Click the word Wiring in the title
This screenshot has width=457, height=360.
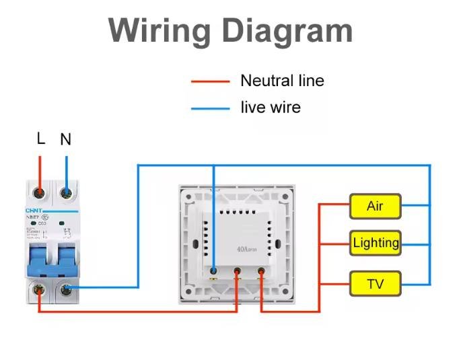pyautogui.click(x=159, y=30)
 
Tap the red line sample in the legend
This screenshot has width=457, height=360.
pyautogui.click(x=210, y=82)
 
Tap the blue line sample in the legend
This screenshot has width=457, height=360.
pyautogui.click(x=210, y=108)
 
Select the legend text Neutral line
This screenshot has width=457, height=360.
pyautogui.click(x=282, y=81)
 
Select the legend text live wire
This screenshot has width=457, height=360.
pyautogui.click(x=271, y=108)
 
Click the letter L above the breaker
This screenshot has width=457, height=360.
pyautogui.click(x=40, y=139)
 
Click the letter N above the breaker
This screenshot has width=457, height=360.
pyautogui.click(x=65, y=140)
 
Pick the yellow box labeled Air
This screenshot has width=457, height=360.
pyautogui.click(x=375, y=206)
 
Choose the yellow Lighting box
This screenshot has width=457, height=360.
pyautogui.click(x=375, y=243)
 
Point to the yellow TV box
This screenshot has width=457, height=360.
pyautogui.click(x=375, y=283)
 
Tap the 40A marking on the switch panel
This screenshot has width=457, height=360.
pyautogui.click(x=244, y=249)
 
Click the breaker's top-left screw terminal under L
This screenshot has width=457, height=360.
pyautogui.click(x=40, y=193)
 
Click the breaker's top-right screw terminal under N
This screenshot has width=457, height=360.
pyautogui.click(x=66, y=193)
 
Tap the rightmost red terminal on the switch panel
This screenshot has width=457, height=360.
pyautogui.click(x=261, y=271)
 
